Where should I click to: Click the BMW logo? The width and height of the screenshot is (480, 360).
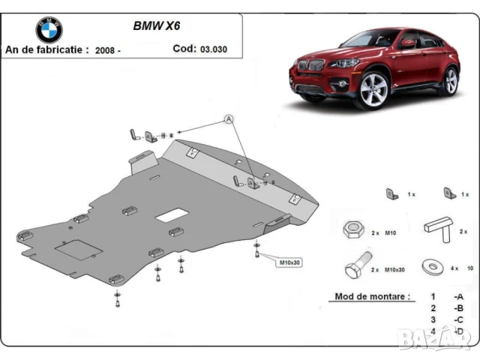pyautogui.click(x=49, y=30)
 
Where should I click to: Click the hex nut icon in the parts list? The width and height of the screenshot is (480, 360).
pyautogui.click(x=353, y=231)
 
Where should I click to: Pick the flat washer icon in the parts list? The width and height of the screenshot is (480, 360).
pyautogui.click(x=433, y=267)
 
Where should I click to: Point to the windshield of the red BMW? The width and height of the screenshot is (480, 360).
pyautogui.click(x=359, y=38)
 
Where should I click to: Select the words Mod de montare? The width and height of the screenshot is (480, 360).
pyautogui.click(x=370, y=297)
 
